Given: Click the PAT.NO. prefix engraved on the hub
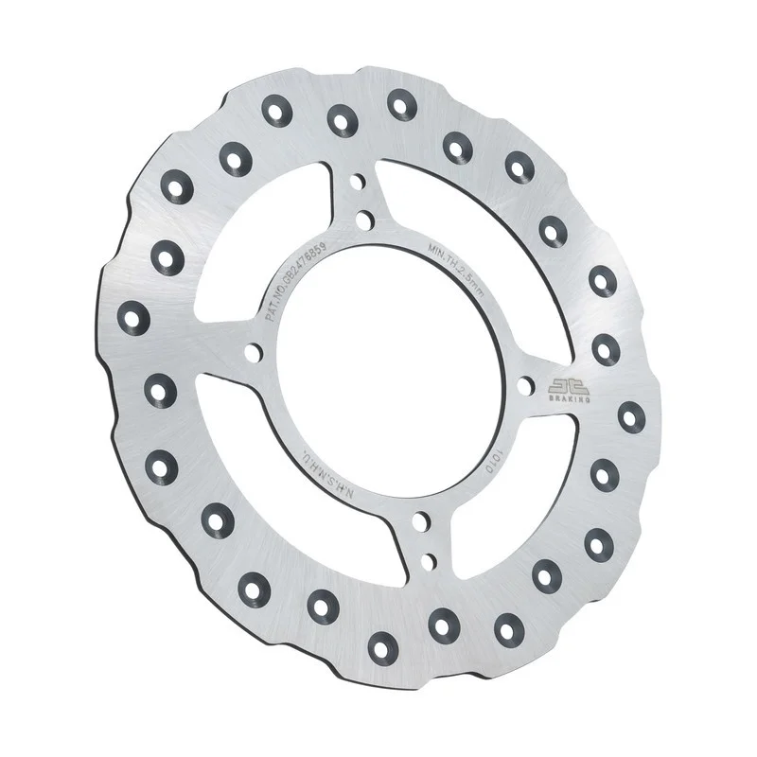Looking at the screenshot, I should pyautogui.click(x=276, y=304).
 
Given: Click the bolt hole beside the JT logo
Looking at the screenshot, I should pyautogui.click(x=523, y=385).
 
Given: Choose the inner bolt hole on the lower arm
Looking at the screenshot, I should pyautogui.click(x=418, y=520).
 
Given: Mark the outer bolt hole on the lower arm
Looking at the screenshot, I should pyautogui.click(x=428, y=559).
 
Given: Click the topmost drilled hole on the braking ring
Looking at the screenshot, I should pyautogui.click(x=402, y=101).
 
